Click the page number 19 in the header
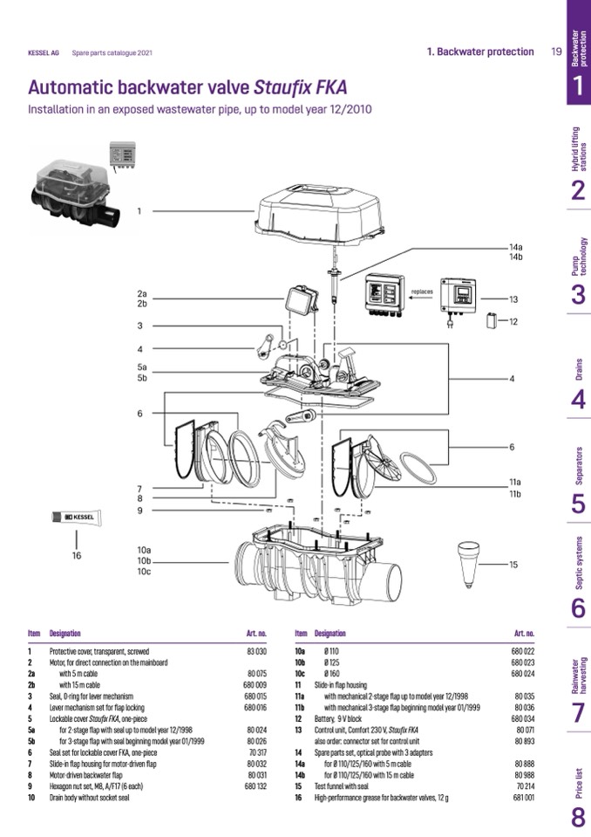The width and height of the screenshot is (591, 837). coord(556,51)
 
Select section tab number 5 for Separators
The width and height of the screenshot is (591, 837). coord(578,504)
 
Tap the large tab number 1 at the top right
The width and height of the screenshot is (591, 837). coord(578,86)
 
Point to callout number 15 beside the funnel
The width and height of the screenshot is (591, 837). coord(514,565)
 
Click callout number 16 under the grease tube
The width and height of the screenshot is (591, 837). coord(77,555)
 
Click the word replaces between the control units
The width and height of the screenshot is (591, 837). coord(424,291)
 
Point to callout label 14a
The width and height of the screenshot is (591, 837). coord(515,247)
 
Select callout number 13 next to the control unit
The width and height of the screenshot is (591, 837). coord(514,299)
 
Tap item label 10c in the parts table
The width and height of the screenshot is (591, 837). coord(300,674)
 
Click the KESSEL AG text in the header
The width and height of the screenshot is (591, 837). coord(44,52)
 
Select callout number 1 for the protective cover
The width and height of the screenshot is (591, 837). coord(139,210)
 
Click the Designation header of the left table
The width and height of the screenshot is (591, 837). coord(65,633)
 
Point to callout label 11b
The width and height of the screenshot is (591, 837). coord(515,495)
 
